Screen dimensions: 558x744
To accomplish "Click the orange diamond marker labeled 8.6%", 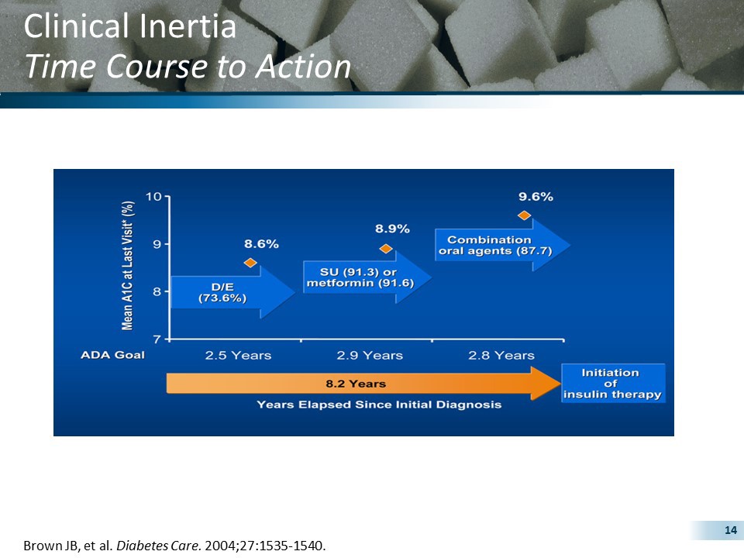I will pyautogui.click(x=250, y=263).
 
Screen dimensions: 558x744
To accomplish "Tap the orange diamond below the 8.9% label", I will pyautogui.click(x=386, y=248).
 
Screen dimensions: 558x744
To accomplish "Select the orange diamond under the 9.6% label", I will pyautogui.click(x=524, y=215).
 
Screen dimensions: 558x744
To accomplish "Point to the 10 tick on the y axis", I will pyautogui.click(x=155, y=196).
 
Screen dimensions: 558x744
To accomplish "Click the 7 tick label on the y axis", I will pyautogui.click(x=157, y=339).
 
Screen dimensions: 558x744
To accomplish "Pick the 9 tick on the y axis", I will pyautogui.click(x=157, y=244).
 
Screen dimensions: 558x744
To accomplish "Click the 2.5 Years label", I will pyautogui.click(x=238, y=356).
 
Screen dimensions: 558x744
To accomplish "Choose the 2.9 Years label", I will pyautogui.click(x=370, y=356).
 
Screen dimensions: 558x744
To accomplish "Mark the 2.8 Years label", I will pyautogui.click(x=501, y=356).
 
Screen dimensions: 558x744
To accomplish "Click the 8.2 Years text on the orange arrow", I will pyautogui.click(x=355, y=384).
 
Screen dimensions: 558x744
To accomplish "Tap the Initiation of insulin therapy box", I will pyautogui.click(x=613, y=384).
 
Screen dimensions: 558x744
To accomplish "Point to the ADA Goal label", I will pyautogui.click(x=112, y=355).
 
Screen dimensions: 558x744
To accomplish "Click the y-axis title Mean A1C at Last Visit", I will pyautogui.click(x=129, y=265).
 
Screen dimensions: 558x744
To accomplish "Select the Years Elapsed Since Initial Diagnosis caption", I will pyautogui.click(x=379, y=405).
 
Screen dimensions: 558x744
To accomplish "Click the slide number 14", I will pyautogui.click(x=728, y=530).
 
